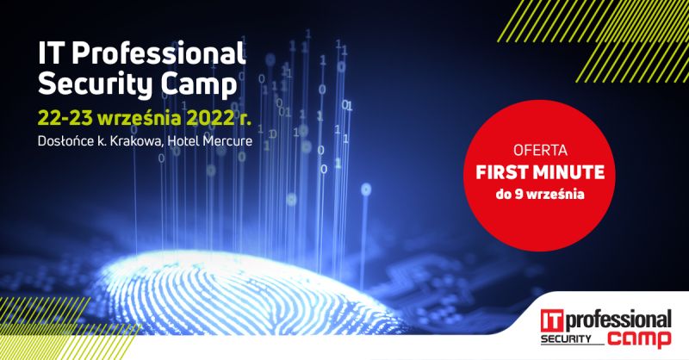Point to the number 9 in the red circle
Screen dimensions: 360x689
[514, 195]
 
